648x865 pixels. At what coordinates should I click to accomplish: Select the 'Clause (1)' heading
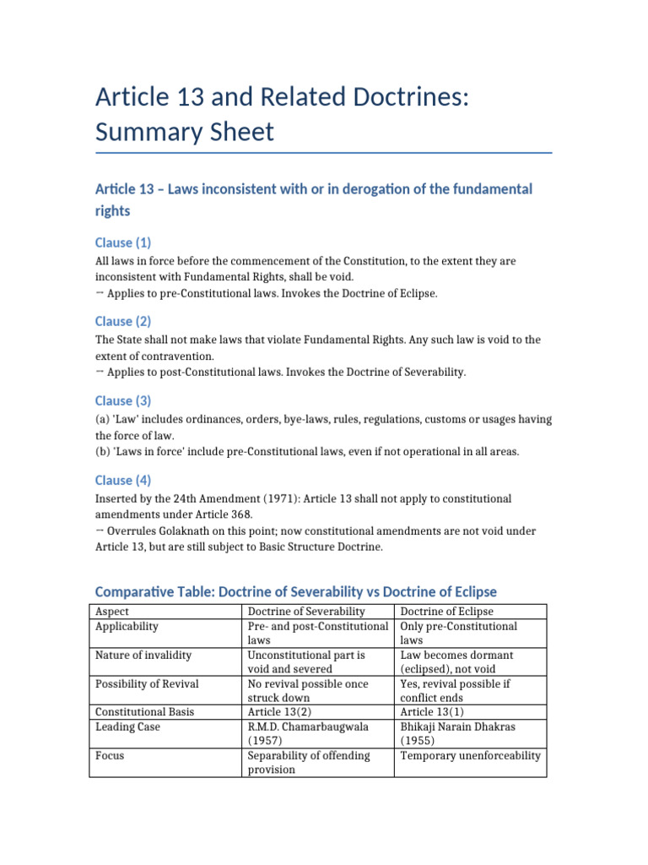(x=124, y=242)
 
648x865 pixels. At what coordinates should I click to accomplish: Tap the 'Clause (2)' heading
(x=124, y=321)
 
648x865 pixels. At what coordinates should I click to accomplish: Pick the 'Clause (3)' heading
(x=124, y=400)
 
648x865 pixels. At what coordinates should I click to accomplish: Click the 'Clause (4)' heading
(x=124, y=480)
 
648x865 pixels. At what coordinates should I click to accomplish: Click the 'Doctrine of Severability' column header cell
(x=306, y=612)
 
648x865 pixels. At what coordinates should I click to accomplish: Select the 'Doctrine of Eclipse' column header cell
(x=446, y=612)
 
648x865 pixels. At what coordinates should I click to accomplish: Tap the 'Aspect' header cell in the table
(x=114, y=612)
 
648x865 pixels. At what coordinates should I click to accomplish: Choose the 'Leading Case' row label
(x=128, y=726)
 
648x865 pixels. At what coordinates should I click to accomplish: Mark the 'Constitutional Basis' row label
(x=145, y=712)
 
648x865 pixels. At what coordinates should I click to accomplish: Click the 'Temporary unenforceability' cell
(x=470, y=755)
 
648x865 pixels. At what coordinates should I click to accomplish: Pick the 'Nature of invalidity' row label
(x=143, y=655)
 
